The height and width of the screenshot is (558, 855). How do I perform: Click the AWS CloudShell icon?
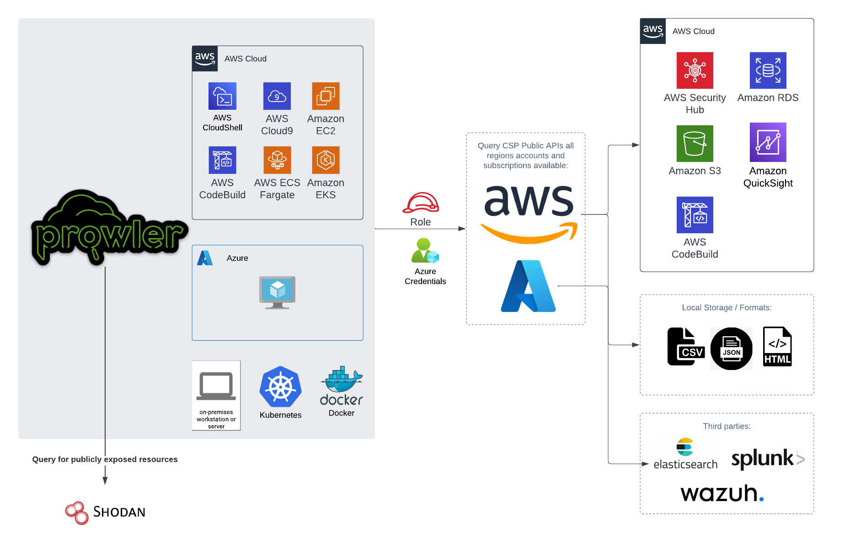pos(222,96)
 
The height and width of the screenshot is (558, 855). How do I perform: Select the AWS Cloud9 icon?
pos(277,96)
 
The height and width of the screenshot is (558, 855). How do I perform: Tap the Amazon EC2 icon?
pos(326,96)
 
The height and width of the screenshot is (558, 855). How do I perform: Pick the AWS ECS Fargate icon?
pos(277,160)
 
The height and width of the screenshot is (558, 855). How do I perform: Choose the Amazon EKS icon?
pos(326,160)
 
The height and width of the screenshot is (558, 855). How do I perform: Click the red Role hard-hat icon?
pos(421,203)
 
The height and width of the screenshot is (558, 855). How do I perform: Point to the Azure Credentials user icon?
pos(425,251)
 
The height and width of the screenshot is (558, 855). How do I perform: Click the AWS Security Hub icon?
pos(695,70)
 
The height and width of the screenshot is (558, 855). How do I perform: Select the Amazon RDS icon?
pos(768,70)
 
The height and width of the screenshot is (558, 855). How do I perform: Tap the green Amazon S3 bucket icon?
pos(695,144)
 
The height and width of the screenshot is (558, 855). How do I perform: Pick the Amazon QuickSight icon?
pos(768,142)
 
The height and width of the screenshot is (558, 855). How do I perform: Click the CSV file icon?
pos(685,347)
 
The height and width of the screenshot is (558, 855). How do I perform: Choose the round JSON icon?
pos(731,349)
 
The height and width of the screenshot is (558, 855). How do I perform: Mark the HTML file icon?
pos(777,347)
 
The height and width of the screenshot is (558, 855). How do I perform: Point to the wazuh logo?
pos(722,494)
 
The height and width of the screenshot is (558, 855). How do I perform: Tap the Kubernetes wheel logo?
pos(280,387)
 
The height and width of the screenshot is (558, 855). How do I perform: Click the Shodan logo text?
pos(119,512)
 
